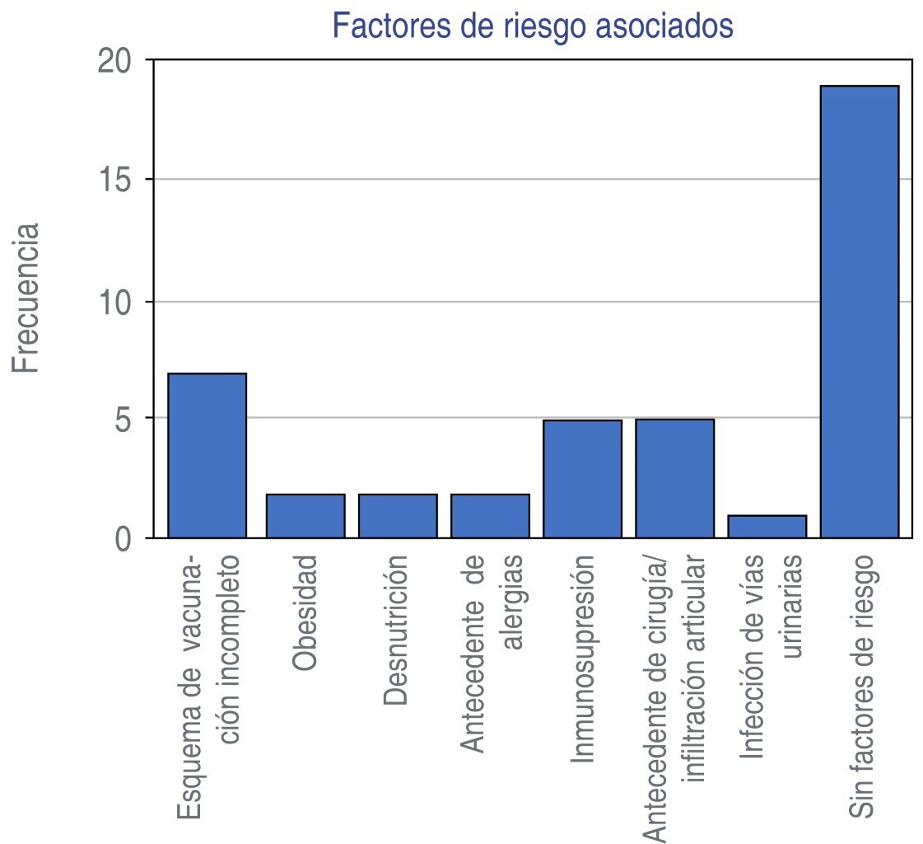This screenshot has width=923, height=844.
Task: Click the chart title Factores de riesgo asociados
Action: click(x=532, y=26)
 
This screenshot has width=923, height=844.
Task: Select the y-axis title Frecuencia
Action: click(x=26, y=297)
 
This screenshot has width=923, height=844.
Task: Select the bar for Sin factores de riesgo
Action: click(x=860, y=312)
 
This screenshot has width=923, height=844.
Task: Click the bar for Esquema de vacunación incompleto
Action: click(x=207, y=456)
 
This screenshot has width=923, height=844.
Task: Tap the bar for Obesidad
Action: click(x=305, y=516)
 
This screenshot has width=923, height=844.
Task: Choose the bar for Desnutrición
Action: click(x=398, y=516)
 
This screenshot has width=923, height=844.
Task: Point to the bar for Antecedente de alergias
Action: click(x=490, y=516)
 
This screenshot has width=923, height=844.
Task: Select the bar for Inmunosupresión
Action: click(x=582, y=479)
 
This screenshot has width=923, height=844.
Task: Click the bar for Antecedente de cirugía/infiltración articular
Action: click(x=674, y=479)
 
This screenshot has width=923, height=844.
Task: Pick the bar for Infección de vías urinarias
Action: click(x=767, y=527)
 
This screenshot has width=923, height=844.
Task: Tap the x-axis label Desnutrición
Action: click(x=396, y=631)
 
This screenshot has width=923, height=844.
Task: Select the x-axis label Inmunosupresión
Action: click(x=582, y=659)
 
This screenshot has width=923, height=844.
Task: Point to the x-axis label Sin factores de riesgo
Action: click(x=861, y=685)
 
